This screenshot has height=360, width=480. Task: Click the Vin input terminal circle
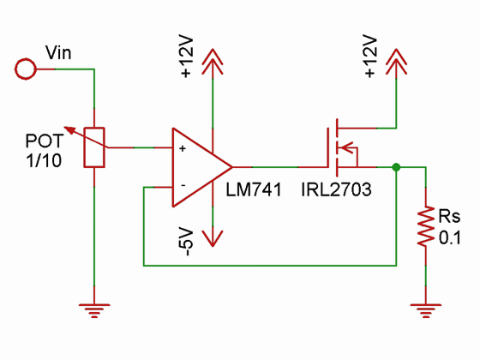click(x=26, y=69)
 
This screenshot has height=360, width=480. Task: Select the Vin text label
click(x=58, y=52)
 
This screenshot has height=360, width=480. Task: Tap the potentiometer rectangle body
click(x=94, y=147)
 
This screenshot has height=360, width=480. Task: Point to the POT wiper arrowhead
click(x=69, y=130)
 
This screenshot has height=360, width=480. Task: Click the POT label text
click(x=45, y=141)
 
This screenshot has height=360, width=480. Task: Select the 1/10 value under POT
click(x=44, y=160)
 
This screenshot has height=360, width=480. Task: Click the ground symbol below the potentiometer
click(x=94, y=310)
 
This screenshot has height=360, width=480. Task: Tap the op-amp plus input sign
click(x=183, y=148)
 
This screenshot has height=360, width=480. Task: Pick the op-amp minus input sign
click(x=183, y=185)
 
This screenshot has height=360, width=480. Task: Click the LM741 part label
click(x=254, y=189)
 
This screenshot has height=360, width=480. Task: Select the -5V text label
click(x=187, y=242)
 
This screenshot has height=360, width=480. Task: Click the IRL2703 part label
click(x=336, y=189)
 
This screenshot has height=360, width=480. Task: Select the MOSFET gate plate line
click(x=327, y=147)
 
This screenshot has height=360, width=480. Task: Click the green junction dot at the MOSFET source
click(x=396, y=167)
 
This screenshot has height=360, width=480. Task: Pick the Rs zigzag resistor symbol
click(x=426, y=226)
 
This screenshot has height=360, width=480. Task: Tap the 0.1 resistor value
click(x=450, y=238)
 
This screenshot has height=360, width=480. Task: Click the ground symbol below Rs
click(x=426, y=310)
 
